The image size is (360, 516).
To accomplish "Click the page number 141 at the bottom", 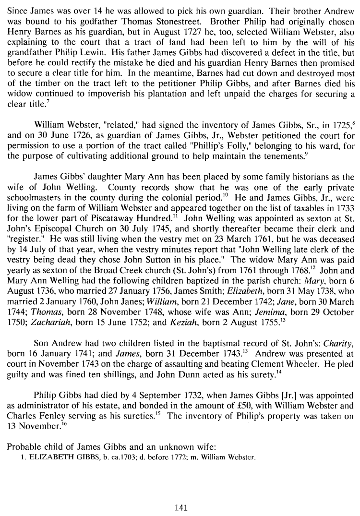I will (180, 507).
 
